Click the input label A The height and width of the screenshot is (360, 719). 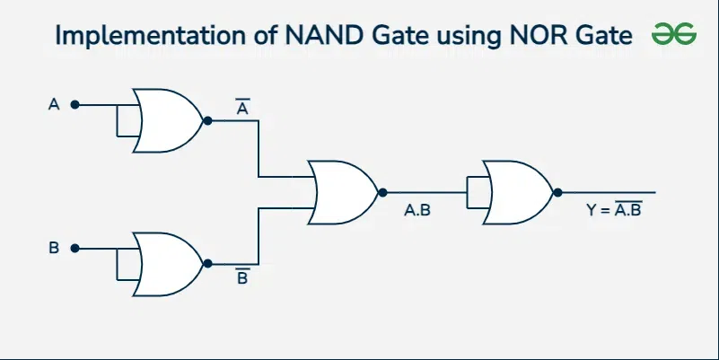54,105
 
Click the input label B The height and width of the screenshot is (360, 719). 54,248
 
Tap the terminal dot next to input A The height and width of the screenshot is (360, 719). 75,105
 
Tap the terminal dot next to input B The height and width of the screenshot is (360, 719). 75,248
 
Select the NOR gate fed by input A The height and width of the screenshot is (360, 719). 166,120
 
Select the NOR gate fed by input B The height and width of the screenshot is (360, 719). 167,262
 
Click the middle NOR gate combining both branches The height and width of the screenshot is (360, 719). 342,192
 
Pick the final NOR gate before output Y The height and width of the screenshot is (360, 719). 517,192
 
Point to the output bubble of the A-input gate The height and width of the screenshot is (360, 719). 208,120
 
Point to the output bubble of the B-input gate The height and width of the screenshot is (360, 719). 208,263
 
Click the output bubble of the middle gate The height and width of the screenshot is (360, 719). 383,192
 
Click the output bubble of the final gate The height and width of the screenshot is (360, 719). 558,192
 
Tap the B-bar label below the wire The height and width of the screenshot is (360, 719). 242,277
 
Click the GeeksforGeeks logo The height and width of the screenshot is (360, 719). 674,34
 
